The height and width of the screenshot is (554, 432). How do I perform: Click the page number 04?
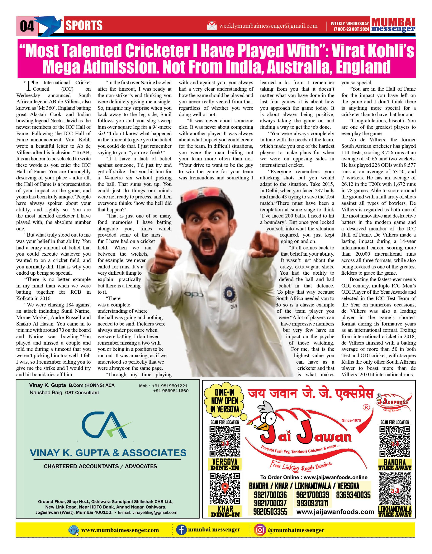point(27,26)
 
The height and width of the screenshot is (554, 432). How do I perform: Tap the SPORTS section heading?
point(84,26)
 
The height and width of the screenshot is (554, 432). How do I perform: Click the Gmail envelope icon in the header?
point(212,26)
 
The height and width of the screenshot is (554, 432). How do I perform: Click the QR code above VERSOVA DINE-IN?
point(225,441)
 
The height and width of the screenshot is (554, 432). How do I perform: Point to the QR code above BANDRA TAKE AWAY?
point(395,442)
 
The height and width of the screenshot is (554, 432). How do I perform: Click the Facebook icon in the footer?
point(181,530)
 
